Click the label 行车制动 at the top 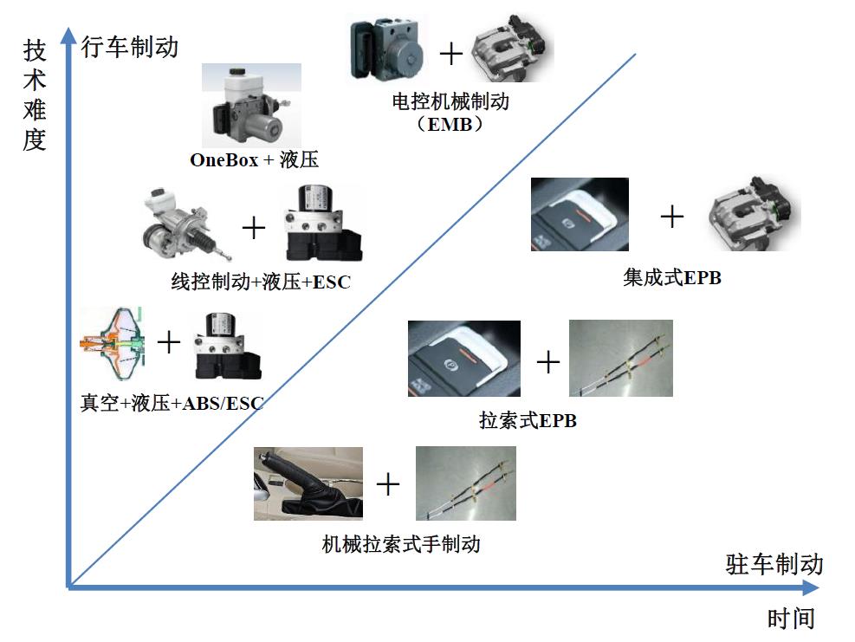click(x=129, y=47)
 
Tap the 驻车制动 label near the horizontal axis click(x=774, y=565)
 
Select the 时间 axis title click(x=791, y=619)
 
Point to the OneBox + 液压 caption click(x=255, y=160)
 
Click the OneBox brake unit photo click(x=251, y=107)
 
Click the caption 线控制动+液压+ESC click(x=261, y=282)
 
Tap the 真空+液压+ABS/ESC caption click(x=172, y=403)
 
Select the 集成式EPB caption click(x=671, y=278)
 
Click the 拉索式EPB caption click(x=528, y=422)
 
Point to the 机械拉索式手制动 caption click(x=400, y=544)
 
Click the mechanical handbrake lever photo click(x=308, y=483)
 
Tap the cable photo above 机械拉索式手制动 click(x=465, y=483)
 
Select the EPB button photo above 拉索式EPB click(x=463, y=359)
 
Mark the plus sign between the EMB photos click(x=451, y=54)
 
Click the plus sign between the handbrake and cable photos click(x=388, y=483)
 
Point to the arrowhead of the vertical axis click(x=68, y=36)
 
